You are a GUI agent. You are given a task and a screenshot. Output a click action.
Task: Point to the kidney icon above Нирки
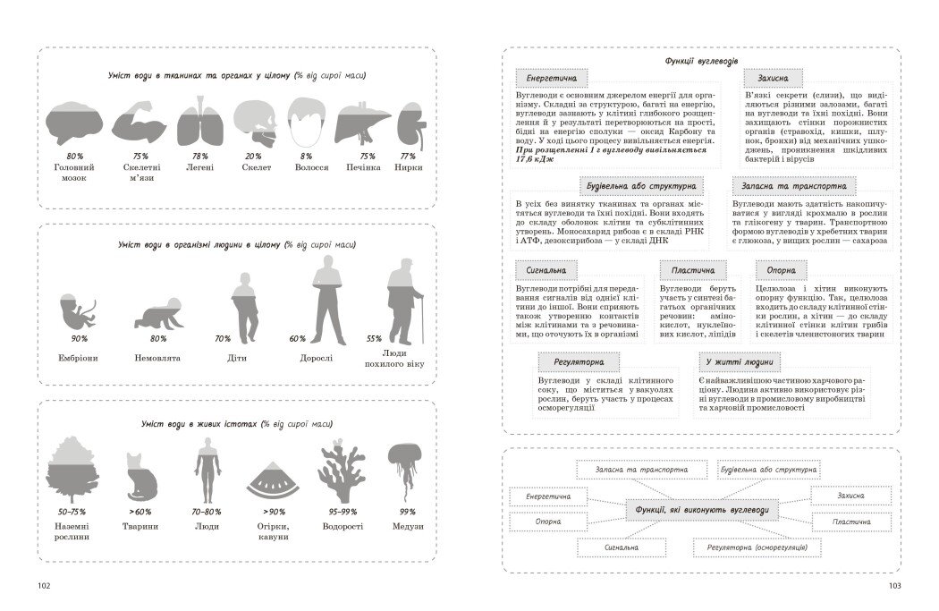point(410,120)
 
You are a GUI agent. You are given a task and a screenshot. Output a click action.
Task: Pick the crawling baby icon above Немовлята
point(158,314)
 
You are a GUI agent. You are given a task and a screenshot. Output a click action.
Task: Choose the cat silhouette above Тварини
point(141,476)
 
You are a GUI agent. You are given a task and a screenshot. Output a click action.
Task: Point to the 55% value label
point(374,339)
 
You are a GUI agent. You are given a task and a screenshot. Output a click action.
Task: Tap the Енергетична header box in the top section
point(552,78)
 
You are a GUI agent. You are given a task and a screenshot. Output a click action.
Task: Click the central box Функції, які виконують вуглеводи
point(701,510)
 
